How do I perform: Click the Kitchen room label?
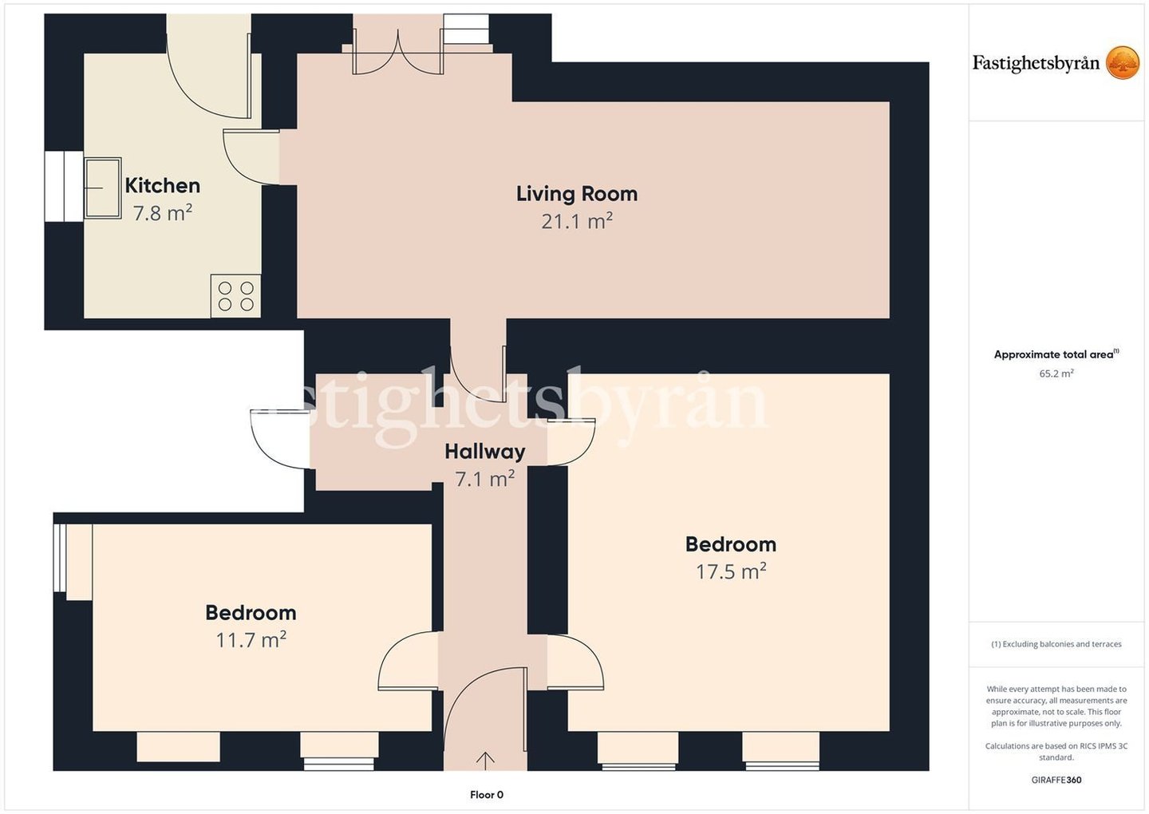click(x=163, y=186)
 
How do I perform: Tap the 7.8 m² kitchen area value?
click(x=163, y=213)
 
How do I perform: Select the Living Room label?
click(x=577, y=194)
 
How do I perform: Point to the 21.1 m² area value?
click(x=577, y=221)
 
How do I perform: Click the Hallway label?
click(x=485, y=452)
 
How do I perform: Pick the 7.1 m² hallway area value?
click(x=485, y=479)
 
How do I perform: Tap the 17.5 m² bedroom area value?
click(x=730, y=571)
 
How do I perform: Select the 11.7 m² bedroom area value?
click(x=251, y=640)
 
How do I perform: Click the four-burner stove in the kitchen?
click(x=235, y=296)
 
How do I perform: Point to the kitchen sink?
click(x=103, y=188)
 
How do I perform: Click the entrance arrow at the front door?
click(x=485, y=761)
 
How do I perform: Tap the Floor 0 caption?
click(x=486, y=795)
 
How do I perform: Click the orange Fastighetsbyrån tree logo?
click(x=1123, y=62)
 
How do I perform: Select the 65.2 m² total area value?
click(x=1056, y=373)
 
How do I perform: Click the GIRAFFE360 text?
click(x=1056, y=780)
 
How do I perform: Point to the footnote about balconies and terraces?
click(x=1056, y=644)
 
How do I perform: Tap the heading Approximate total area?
click(x=1056, y=354)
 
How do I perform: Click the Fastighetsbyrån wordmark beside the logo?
click(x=1036, y=64)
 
